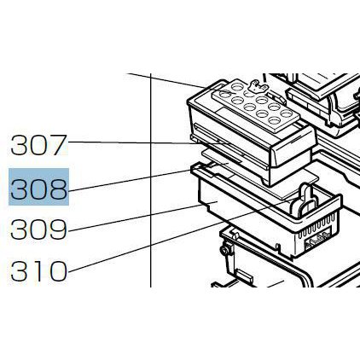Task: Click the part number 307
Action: [38, 145]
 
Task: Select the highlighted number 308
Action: [38, 187]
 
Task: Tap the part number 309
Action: [38, 229]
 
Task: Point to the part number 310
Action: [38, 270]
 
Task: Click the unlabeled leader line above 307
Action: [167, 81]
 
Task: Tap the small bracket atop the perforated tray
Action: [258, 86]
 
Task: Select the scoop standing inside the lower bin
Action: [305, 200]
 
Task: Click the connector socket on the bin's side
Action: [317, 240]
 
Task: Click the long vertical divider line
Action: [150, 180]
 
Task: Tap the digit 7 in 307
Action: [58, 145]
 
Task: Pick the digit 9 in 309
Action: [58, 229]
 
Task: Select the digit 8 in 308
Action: [58, 187]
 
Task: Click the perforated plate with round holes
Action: [255, 107]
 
